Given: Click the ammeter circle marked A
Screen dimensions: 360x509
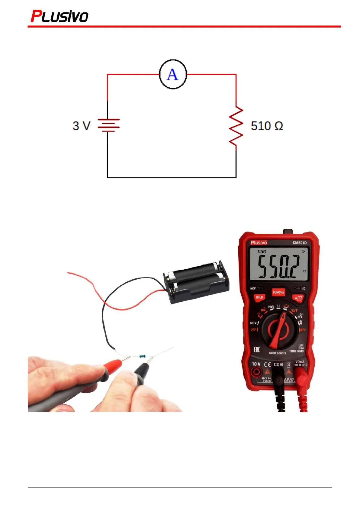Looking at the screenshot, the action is (x=173, y=74).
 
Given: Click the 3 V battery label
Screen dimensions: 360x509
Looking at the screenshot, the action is (x=81, y=126).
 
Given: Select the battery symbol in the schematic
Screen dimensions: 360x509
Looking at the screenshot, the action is (x=108, y=125).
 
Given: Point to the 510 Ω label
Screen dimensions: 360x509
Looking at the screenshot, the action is (x=267, y=126).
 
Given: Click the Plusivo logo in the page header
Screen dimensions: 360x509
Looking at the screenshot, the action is (x=59, y=17).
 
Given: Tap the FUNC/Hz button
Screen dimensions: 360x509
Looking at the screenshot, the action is (x=278, y=292).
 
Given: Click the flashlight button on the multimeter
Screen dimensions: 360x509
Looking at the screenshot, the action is (x=298, y=298).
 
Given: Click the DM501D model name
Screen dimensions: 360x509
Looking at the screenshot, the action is (x=300, y=243).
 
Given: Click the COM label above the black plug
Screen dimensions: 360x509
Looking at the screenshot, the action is (x=278, y=365).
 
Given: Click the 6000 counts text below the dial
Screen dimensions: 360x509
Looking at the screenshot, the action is (x=277, y=353).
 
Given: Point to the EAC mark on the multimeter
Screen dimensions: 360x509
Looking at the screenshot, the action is (x=256, y=350).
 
